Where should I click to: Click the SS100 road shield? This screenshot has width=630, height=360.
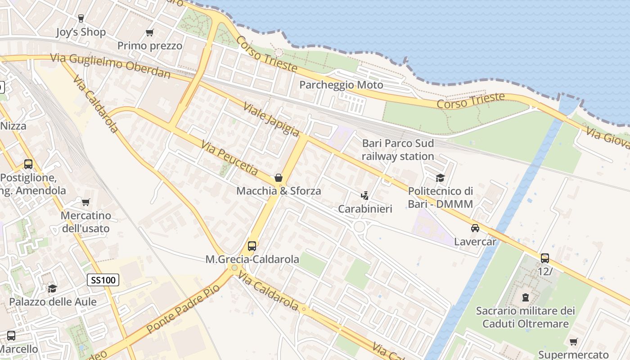(103, 280)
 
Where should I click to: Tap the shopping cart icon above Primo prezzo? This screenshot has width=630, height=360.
(149, 32)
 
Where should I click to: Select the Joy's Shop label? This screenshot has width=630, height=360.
(81, 32)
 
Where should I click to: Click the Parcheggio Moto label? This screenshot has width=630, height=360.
(341, 85)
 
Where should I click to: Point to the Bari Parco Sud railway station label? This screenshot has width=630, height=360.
(398, 150)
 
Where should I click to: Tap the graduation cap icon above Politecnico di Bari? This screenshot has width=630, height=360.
(440, 178)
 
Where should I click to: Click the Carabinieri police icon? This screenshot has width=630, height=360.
(365, 196)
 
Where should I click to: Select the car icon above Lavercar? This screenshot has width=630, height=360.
(475, 228)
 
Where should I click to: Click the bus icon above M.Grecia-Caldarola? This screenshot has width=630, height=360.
(252, 246)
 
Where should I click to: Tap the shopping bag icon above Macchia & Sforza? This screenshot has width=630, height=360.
(279, 178)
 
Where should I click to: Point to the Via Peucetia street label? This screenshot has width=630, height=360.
(229, 158)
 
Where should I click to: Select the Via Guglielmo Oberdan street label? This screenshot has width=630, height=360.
(110, 66)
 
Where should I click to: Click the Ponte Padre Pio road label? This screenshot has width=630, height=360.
(183, 309)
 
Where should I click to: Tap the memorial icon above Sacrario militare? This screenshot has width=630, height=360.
(525, 297)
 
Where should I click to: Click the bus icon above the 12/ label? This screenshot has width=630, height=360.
(544, 258)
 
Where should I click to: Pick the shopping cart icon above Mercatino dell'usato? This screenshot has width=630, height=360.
(85, 202)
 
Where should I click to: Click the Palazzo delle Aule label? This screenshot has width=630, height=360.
(53, 301)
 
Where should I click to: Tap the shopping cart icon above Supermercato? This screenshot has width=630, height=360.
(573, 342)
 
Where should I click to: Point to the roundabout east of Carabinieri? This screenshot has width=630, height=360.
(359, 227)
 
